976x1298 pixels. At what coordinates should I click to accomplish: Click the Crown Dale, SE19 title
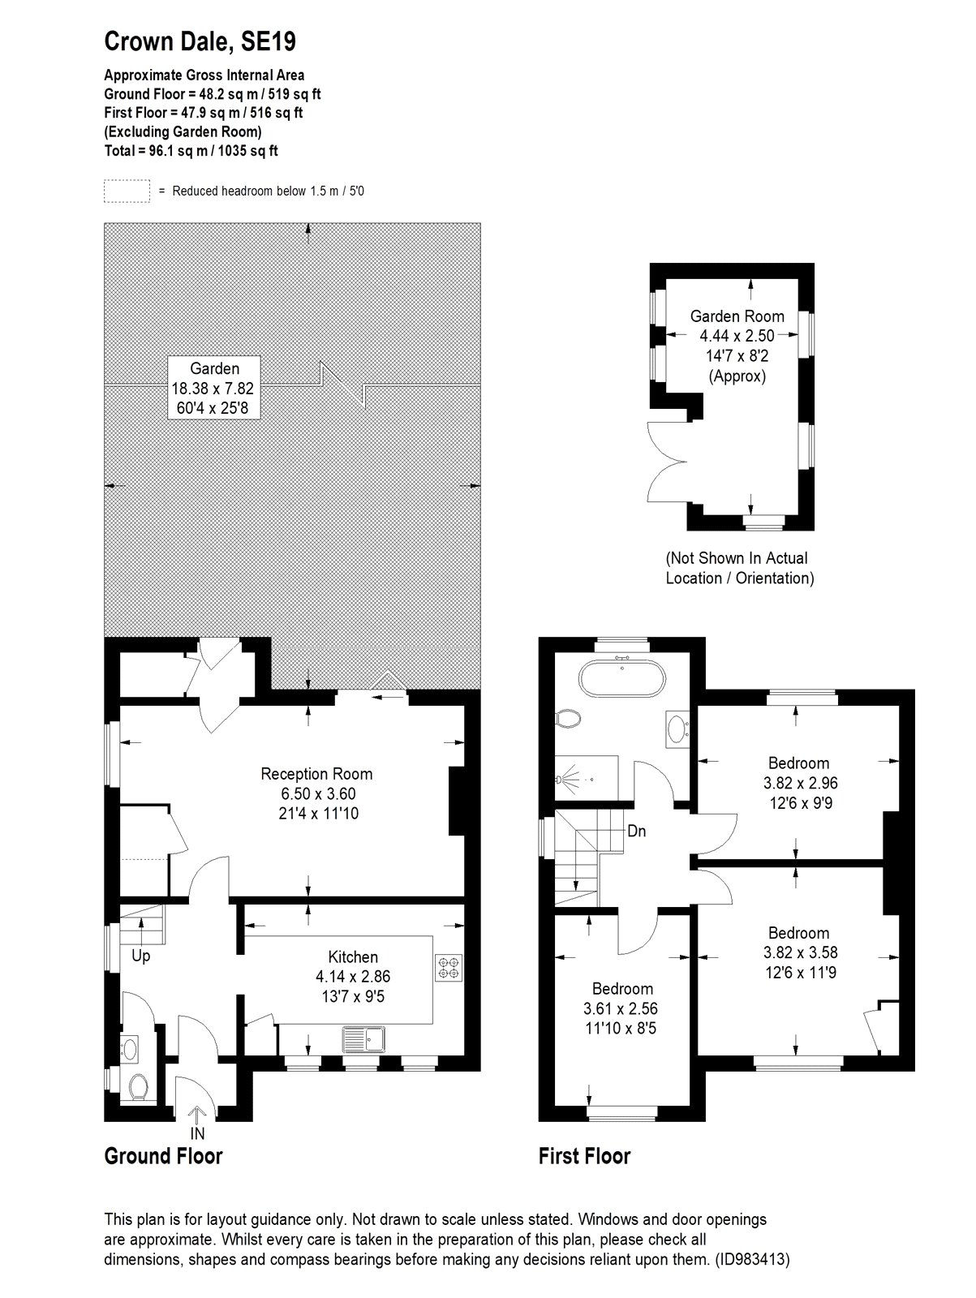pyautogui.click(x=200, y=42)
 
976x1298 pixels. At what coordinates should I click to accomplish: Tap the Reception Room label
pyautogui.click(x=317, y=773)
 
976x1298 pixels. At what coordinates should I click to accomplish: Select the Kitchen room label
pyautogui.click(x=353, y=956)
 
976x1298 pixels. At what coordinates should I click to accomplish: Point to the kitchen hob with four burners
pyautogui.click(x=449, y=968)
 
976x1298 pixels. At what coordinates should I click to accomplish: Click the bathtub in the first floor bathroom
pyautogui.click(x=622, y=678)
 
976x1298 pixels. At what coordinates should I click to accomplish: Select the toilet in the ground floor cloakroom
pyautogui.click(x=139, y=1087)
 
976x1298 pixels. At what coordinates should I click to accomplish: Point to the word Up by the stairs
pyautogui.click(x=140, y=956)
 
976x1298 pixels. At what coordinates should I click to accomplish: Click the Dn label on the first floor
pyautogui.click(x=637, y=831)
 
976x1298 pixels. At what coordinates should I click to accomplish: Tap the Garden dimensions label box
pyautogui.click(x=214, y=388)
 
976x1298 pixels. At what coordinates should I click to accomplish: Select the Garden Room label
pyautogui.click(x=737, y=316)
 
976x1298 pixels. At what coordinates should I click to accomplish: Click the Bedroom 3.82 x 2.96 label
pyautogui.click(x=800, y=782)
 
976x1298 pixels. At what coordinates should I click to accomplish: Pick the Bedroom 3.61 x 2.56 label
pyautogui.click(x=621, y=1008)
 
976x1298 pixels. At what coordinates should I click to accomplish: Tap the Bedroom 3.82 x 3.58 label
pyautogui.click(x=800, y=952)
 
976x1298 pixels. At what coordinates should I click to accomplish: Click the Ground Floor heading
pyautogui.click(x=163, y=1155)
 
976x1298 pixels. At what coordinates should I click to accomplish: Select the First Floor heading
pyautogui.click(x=585, y=1155)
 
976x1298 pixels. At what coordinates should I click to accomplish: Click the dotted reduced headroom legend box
pyautogui.click(x=127, y=191)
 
